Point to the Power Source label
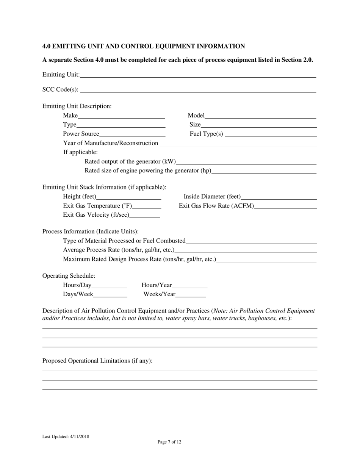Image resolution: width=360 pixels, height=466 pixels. click(x=81, y=134)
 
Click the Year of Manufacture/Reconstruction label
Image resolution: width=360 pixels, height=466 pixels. click(x=111, y=143)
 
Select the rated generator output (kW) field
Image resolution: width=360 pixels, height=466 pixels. click(x=246, y=162)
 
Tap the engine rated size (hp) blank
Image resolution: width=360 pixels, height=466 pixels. click(x=264, y=171)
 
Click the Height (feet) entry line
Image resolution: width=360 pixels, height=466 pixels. click(x=129, y=197)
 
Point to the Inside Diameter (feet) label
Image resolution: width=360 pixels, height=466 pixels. click(x=212, y=197)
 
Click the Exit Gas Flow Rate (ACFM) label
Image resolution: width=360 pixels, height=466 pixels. click(x=216, y=206)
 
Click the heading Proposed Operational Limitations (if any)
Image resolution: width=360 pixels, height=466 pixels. click(x=97, y=361)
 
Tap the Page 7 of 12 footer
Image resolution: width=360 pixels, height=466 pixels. click(x=169, y=442)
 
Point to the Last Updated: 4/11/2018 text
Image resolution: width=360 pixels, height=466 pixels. click(x=66, y=437)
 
